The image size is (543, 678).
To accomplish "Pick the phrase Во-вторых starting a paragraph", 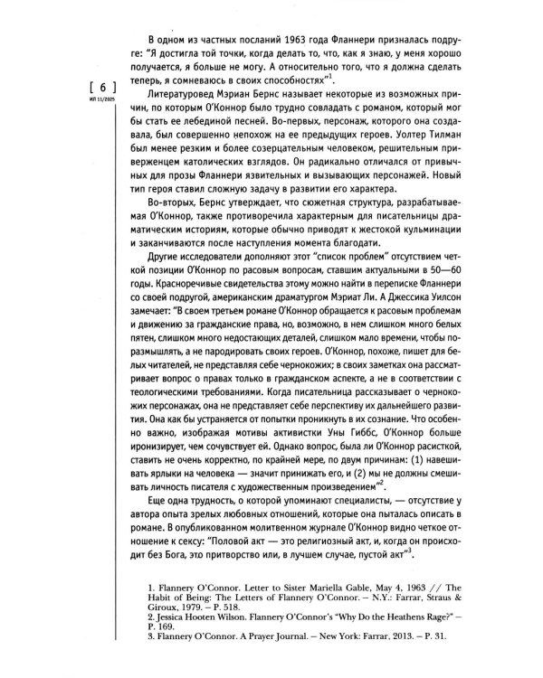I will pos(169,216).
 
